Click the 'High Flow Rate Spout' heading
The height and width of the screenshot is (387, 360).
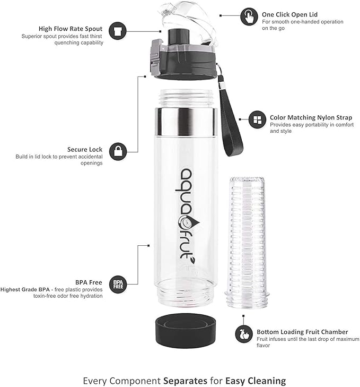pyautogui.click(x=71, y=29)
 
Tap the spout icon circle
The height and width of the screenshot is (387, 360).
pyautogui.click(x=117, y=31)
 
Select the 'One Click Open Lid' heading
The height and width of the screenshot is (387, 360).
pyautogui.click(x=289, y=14)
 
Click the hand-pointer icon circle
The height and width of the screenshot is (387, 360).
pyautogui.click(x=249, y=16)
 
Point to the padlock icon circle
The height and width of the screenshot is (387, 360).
pyautogui.click(x=118, y=151)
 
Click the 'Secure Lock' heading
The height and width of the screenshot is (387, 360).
pyautogui.click(x=85, y=150)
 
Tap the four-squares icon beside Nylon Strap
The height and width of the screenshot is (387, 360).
pyautogui.click(x=257, y=119)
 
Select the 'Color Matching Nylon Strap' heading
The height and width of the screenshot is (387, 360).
pyautogui.click(x=311, y=117)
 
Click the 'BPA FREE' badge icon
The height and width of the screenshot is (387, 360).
pyautogui.click(x=118, y=285)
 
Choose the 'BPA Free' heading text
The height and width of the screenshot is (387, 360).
pyautogui.click(x=89, y=282)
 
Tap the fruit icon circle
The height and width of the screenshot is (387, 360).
pyautogui.click(x=243, y=334)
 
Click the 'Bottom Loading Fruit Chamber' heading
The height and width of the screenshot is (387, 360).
pyautogui.click(x=302, y=332)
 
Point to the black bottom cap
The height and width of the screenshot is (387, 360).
pyautogui.click(x=186, y=331)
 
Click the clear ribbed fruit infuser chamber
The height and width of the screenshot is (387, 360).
pyautogui.click(x=247, y=242)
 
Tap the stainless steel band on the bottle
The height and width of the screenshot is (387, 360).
pyautogui.click(x=186, y=122)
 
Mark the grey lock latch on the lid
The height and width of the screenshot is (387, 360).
pyautogui.click(x=155, y=56)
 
